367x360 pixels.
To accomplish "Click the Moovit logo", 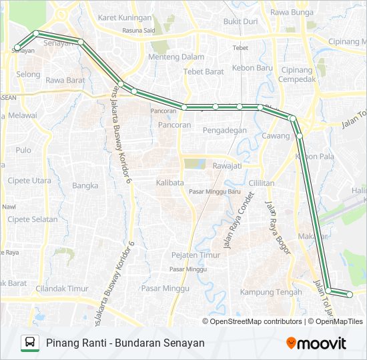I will coord(316,343).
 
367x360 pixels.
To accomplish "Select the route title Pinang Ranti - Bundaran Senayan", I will coord(125,343).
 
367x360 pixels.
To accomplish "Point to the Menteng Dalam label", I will coord(176,57).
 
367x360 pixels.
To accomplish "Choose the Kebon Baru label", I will coord(252,68).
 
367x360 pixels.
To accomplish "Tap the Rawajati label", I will coord(226,166).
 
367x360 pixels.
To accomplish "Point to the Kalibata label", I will coord(170,182).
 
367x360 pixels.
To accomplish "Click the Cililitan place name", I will coord(262,183).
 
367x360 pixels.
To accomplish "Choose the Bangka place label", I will coord(85,186).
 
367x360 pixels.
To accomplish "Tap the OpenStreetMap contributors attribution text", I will coord(256,321).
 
